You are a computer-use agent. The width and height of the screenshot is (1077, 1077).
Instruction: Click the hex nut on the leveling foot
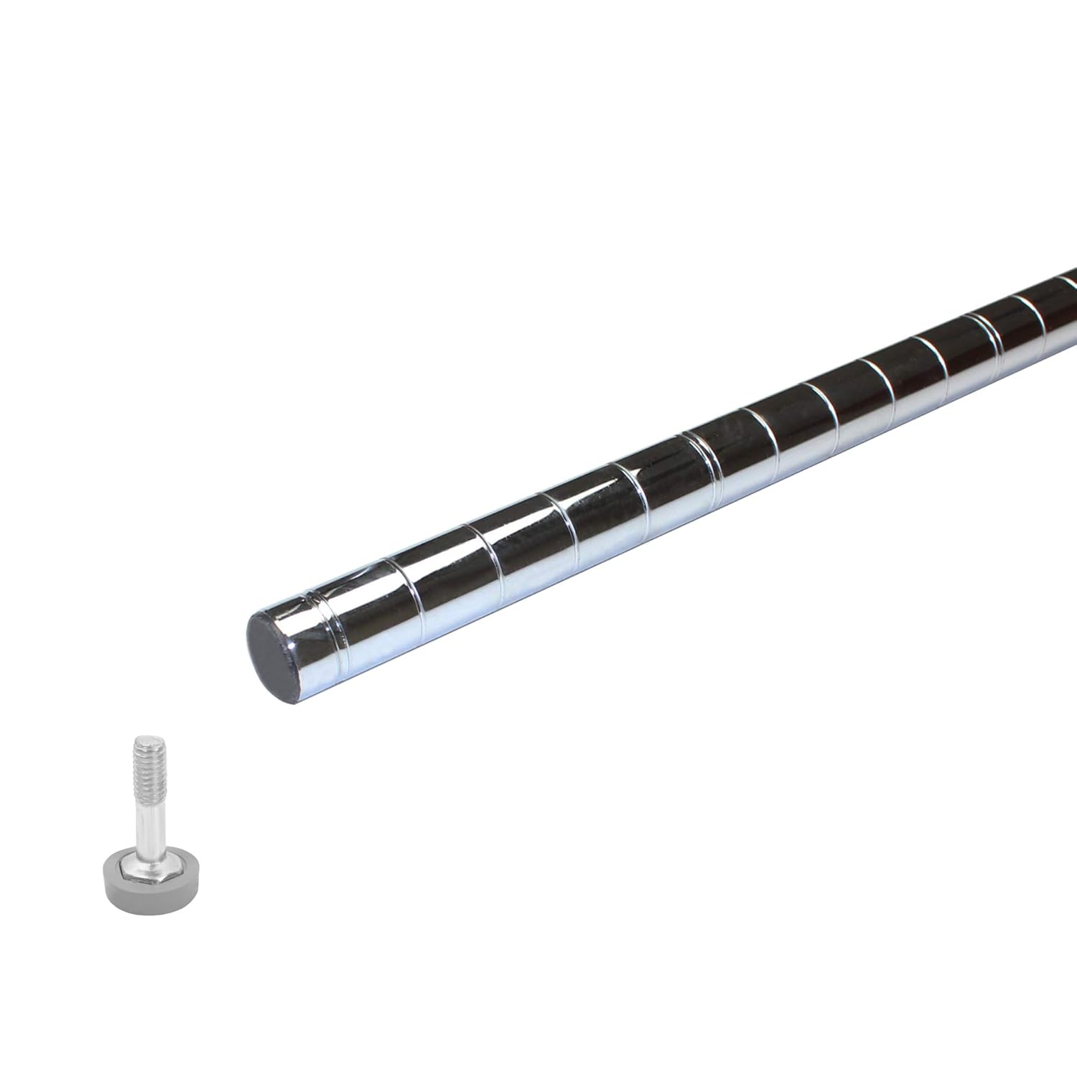click(146, 869)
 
